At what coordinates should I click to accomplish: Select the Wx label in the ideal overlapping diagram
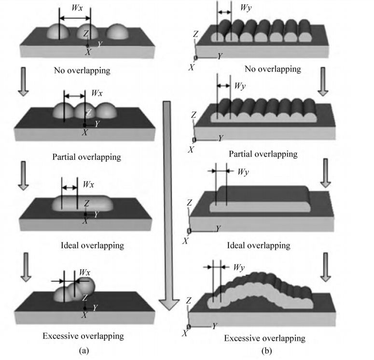pyautogui.click(x=89, y=184)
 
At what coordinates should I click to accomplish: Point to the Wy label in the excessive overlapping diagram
pyautogui.click(x=239, y=267)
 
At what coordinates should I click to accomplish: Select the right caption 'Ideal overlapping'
pyautogui.click(x=259, y=245)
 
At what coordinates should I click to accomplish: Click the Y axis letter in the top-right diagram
pyautogui.click(x=220, y=57)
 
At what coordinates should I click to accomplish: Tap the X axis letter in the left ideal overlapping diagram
pyautogui.click(x=85, y=221)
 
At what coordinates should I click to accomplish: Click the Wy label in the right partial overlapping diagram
pyautogui.click(x=240, y=86)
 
